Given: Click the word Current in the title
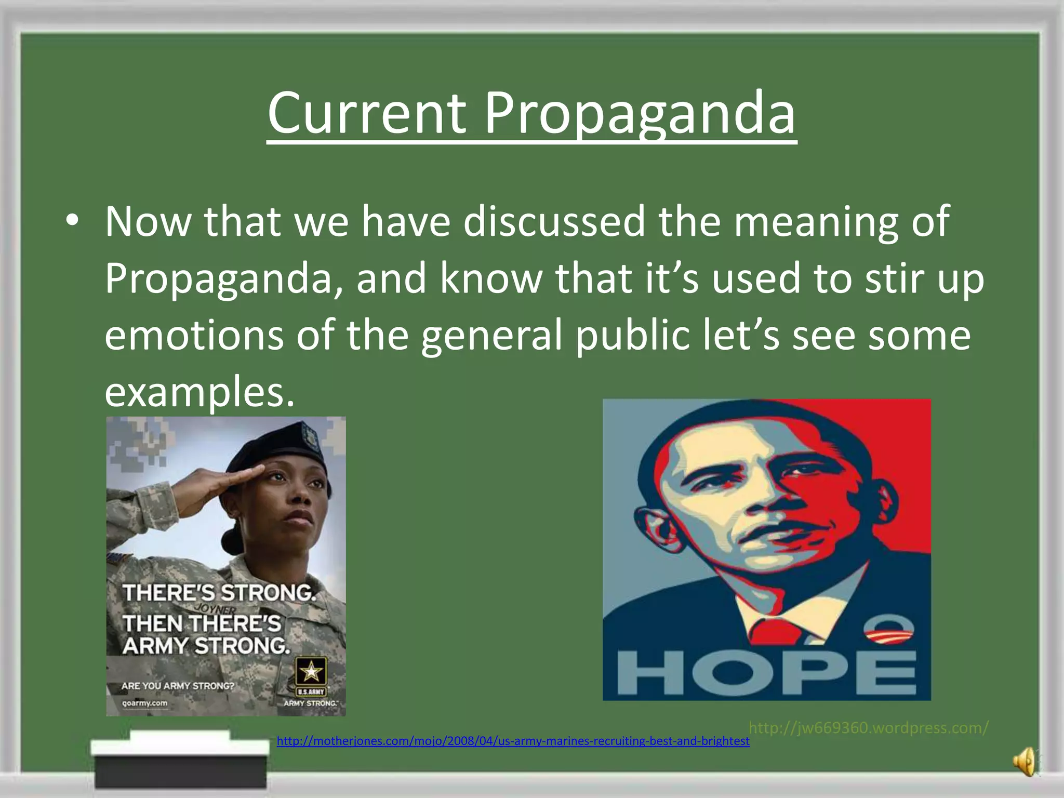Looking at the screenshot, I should coord(366,113).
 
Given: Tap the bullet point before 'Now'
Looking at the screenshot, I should coord(73,221).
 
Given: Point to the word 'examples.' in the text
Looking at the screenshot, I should coord(199,392).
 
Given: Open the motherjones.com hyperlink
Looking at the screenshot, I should coord(513,741).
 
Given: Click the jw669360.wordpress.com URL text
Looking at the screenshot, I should coord(868,727).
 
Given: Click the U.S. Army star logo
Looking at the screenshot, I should coord(311,672).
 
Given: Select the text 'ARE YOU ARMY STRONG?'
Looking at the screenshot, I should coord(178,686).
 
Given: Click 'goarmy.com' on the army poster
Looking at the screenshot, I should coord(144,703).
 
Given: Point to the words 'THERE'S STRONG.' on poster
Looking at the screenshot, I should coord(219,593).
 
